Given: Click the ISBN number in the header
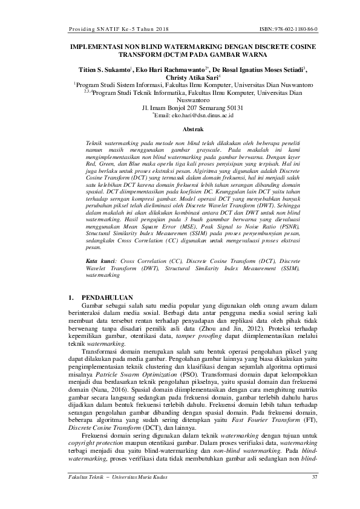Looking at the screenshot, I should pos(291,28).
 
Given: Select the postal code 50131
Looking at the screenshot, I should pos(232,108).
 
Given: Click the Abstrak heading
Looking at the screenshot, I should pos(180,129).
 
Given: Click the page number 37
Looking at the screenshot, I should pos(314,479).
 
